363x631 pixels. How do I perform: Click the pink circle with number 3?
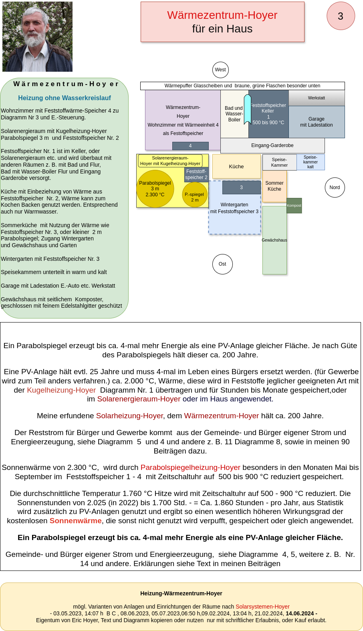click(x=341, y=16)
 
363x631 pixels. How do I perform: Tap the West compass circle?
click(x=220, y=70)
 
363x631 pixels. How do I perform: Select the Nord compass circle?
click(x=335, y=187)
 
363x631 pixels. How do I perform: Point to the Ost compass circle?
click(x=222, y=264)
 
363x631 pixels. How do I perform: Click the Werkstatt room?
click(x=317, y=98)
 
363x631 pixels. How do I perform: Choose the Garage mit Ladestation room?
click(x=317, y=122)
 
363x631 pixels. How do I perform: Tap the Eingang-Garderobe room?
click(x=272, y=145)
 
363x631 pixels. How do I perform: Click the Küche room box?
click(x=236, y=166)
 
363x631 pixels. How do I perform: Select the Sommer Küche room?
click(x=274, y=186)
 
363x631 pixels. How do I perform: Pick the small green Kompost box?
click(x=294, y=206)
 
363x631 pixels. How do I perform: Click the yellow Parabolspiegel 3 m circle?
click(x=155, y=189)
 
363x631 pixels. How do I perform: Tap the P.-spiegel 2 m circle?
click(x=195, y=195)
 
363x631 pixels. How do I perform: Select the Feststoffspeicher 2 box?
click(x=196, y=174)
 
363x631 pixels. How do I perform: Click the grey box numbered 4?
click(x=190, y=146)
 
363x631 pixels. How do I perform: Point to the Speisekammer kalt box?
click(x=311, y=162)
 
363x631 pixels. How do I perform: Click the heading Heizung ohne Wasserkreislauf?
click(x=65, y=98)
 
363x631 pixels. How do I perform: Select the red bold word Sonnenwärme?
click(x=75, y=521)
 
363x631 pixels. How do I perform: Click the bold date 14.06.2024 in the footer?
click(x=300, y=613)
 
